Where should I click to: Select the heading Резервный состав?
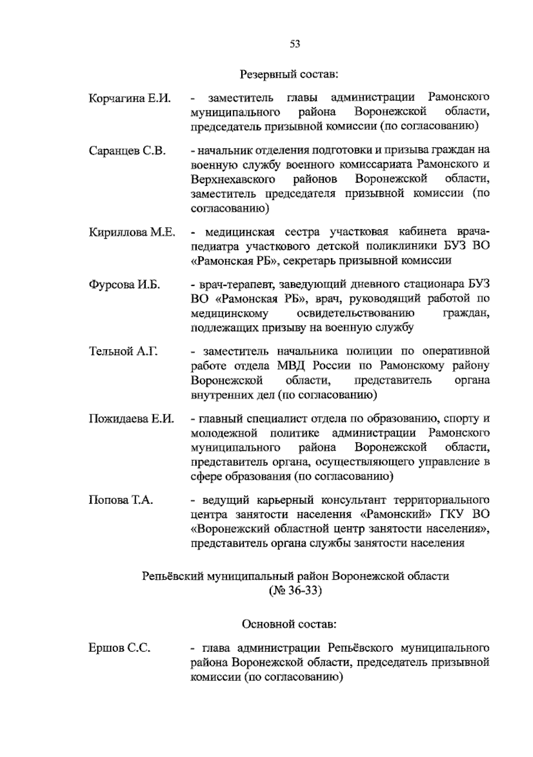289,74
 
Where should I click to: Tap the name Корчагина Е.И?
130,98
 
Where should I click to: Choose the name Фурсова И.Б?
124,285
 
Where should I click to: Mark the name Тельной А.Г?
124,352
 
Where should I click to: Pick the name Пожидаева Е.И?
131,419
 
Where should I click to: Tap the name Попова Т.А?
121,500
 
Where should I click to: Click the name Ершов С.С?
119,649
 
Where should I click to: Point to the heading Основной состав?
289,625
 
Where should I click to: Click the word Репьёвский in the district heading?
173,577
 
